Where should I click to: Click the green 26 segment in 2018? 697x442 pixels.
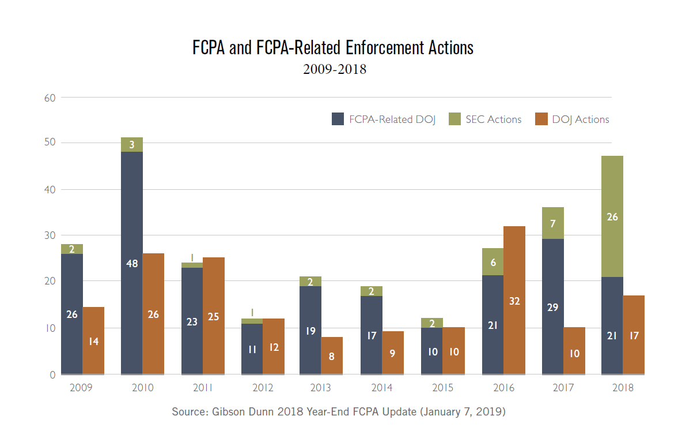click(612, 216)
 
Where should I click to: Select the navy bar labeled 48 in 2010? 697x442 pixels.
click(131, 263)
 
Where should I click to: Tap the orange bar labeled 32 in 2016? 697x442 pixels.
click(514, 300)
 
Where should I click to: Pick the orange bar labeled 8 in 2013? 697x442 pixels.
click(332, 355)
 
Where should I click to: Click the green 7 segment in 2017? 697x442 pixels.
click(552, 223)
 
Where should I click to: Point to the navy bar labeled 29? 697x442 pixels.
click(552, 306)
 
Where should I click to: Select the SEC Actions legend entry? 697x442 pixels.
click(485, 119)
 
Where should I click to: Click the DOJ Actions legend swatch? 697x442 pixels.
click(541, 119)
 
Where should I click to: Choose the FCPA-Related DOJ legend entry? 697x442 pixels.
click(384, 119)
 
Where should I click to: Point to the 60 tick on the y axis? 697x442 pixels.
click(50, 98)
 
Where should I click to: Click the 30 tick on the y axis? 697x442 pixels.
click(50, 235)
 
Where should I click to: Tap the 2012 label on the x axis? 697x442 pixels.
click(263, 388)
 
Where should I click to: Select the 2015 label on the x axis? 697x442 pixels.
click(442, 388)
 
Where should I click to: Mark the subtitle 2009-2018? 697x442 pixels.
click(335, 70)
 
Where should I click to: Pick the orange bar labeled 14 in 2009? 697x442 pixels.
click(93, 340)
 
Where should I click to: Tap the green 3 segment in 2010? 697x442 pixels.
click(131, 145)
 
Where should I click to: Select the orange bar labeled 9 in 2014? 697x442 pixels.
click(392, 353)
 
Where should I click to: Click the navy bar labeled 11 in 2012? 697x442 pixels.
click(252, 349)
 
